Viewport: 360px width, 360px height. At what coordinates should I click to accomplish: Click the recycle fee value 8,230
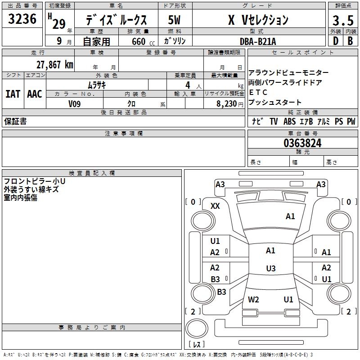click(226, 103)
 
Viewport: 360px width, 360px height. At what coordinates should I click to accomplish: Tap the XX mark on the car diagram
click(215, 206)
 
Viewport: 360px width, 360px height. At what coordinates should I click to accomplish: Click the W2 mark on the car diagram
click(253, 299)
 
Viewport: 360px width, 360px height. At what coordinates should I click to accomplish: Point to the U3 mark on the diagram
click(270, 269)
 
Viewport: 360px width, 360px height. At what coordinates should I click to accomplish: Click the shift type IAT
click(13, 94)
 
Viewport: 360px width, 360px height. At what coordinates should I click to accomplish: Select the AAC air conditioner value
click(34, 94)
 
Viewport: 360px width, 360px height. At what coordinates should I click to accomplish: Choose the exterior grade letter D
click(335, 41)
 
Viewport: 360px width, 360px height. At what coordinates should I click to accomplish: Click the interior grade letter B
click(350, 41)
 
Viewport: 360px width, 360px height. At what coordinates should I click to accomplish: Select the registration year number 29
click(59, 24)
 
